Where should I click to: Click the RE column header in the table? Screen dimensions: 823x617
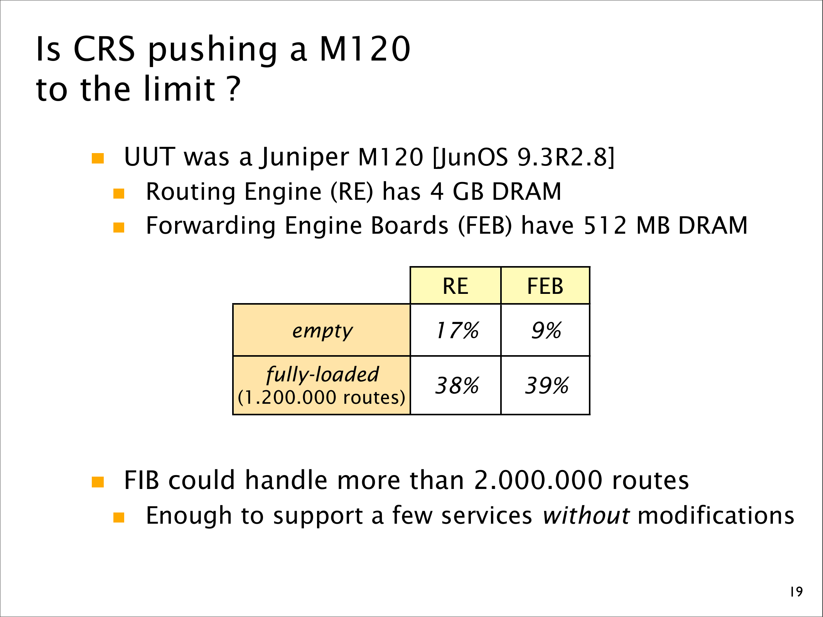click(x=455, y=286)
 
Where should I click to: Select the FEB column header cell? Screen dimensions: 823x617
click(x=545, y=286)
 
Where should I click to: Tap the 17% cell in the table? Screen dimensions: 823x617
click(x=455, y=330)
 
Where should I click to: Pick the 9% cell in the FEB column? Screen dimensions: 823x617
click(x=545, y=330)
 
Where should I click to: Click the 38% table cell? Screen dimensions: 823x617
click(x=455, y=385)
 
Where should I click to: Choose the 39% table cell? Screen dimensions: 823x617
click(x=545, y=385)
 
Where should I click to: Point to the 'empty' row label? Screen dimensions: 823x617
click(x=322, y=331)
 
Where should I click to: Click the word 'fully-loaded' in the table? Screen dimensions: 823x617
click(x=322, y=374)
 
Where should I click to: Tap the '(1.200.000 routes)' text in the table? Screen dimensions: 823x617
click(x=322, y=397)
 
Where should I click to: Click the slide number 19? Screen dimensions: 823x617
click(x=796, y=592)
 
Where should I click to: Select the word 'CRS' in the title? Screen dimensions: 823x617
click(x=104, y=49)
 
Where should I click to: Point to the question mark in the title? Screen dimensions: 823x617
click(x=234, y=89)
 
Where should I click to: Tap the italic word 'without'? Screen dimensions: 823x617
click(x=586, y=516)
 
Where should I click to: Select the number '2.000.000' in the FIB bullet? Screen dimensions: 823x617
click(x=538, y=480)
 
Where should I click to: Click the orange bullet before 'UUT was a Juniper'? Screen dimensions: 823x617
click(x=98, y=158)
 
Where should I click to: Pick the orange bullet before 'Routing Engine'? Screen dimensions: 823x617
click(x=119, y=193)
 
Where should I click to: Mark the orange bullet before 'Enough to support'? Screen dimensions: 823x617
click(x=119, y=518)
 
